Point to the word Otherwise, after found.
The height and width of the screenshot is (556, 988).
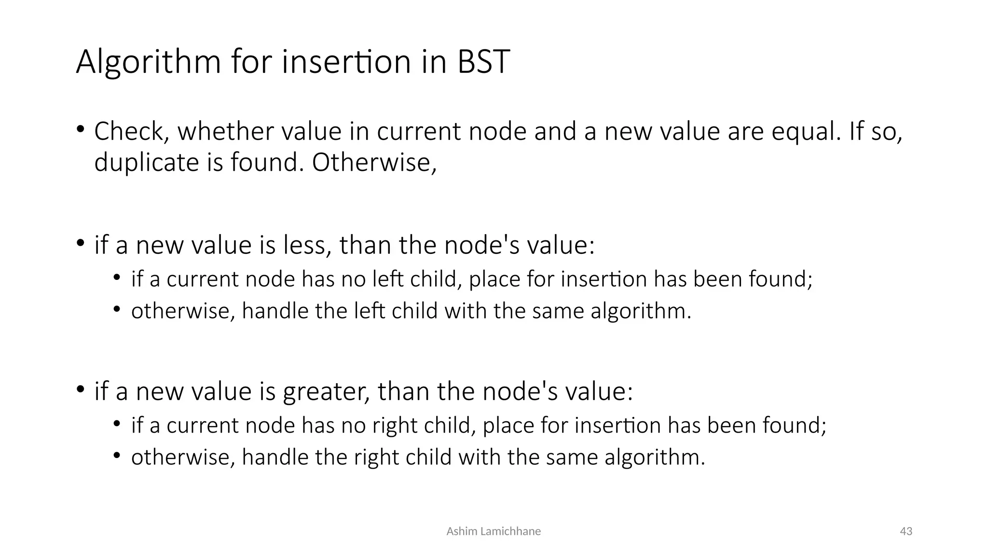pos(374,162)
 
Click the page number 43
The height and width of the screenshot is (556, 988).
pos(906,531)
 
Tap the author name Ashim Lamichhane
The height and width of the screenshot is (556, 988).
pos(494,531)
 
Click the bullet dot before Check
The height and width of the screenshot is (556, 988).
pos(80,129)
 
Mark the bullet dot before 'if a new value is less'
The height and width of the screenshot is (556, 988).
pos(80,243)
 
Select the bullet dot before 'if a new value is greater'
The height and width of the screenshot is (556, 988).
pos(80,389)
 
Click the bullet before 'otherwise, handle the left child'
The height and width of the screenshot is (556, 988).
pos(116,309)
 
